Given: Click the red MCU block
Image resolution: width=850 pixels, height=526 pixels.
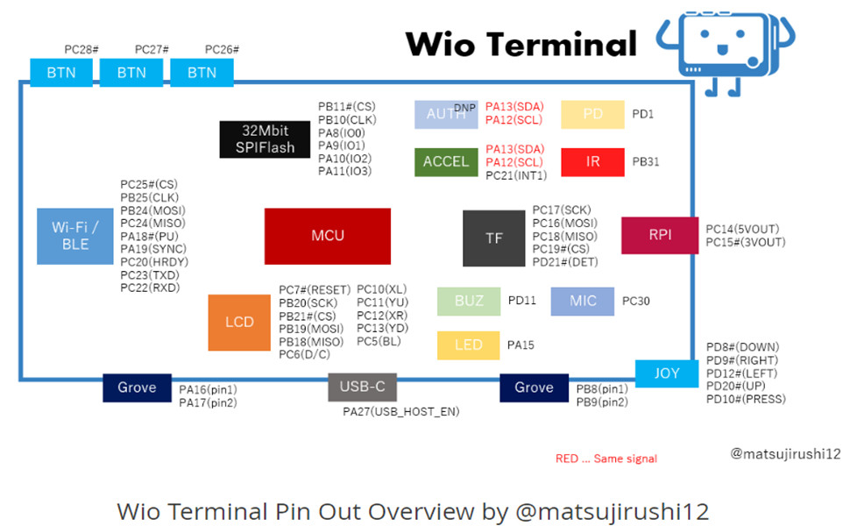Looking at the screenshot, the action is point(328,236).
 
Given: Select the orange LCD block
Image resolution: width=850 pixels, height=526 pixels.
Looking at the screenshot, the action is point(239,322).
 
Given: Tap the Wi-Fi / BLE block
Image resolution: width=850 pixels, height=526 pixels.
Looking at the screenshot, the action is point(75,236).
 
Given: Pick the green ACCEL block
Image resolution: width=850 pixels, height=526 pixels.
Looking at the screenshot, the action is point(446,161).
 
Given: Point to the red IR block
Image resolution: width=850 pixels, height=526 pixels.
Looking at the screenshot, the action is point(592,161).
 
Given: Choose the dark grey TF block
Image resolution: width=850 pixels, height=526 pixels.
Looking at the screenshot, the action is point(494,238).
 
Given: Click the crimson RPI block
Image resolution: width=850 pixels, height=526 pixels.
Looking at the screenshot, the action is point(660,235).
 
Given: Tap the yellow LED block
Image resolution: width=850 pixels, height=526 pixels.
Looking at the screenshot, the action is point(469,345).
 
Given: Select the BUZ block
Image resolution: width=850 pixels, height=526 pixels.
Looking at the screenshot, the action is point(469,301).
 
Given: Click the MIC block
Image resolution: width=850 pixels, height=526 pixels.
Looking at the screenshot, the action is point(583,301).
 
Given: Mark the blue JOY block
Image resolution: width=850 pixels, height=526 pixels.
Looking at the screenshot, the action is point(667,373).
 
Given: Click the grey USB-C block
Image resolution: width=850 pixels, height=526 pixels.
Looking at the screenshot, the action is point(362,387).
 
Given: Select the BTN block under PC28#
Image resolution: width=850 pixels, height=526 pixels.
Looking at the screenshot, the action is point(61,73).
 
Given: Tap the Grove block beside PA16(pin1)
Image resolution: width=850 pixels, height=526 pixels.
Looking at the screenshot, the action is point(137,387).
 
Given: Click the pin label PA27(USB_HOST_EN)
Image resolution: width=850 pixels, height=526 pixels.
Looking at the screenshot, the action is point(400,411).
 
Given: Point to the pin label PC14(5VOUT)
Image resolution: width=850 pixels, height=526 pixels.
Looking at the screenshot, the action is point(742,230).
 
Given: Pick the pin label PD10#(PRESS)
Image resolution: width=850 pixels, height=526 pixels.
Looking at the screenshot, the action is point(746,399).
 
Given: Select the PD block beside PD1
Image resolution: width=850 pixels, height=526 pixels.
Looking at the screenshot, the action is point(592,114).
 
